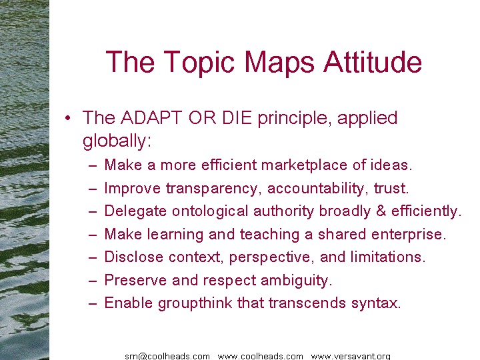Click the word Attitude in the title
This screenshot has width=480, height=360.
coord(373,62)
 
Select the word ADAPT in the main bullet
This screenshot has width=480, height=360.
coord(151,117)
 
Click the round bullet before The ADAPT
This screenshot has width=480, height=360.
coord(67,118)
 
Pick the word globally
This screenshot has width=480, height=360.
coord(117,142)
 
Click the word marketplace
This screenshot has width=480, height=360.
coord(304,165)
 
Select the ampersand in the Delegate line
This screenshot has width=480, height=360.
coord(381,211)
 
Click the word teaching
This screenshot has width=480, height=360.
coord(269,235)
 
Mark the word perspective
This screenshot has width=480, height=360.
coord(271,257)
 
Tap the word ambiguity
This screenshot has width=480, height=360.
coord(296,281)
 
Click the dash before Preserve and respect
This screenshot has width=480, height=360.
coord(93,281)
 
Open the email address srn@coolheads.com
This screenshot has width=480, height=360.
coord(167,356)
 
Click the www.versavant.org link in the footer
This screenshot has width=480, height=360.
coord(351,356)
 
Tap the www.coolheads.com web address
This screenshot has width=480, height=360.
coord(260,356)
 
